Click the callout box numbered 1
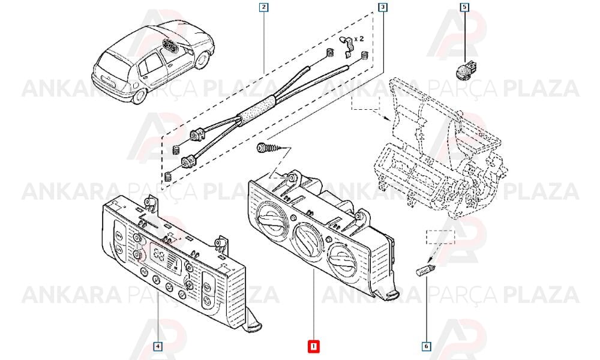313,347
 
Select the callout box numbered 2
263,7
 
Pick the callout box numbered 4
158,347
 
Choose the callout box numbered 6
426,347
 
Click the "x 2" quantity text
359,39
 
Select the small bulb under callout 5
463,70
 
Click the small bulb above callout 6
425,271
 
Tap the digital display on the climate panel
164,256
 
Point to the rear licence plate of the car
108,81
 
